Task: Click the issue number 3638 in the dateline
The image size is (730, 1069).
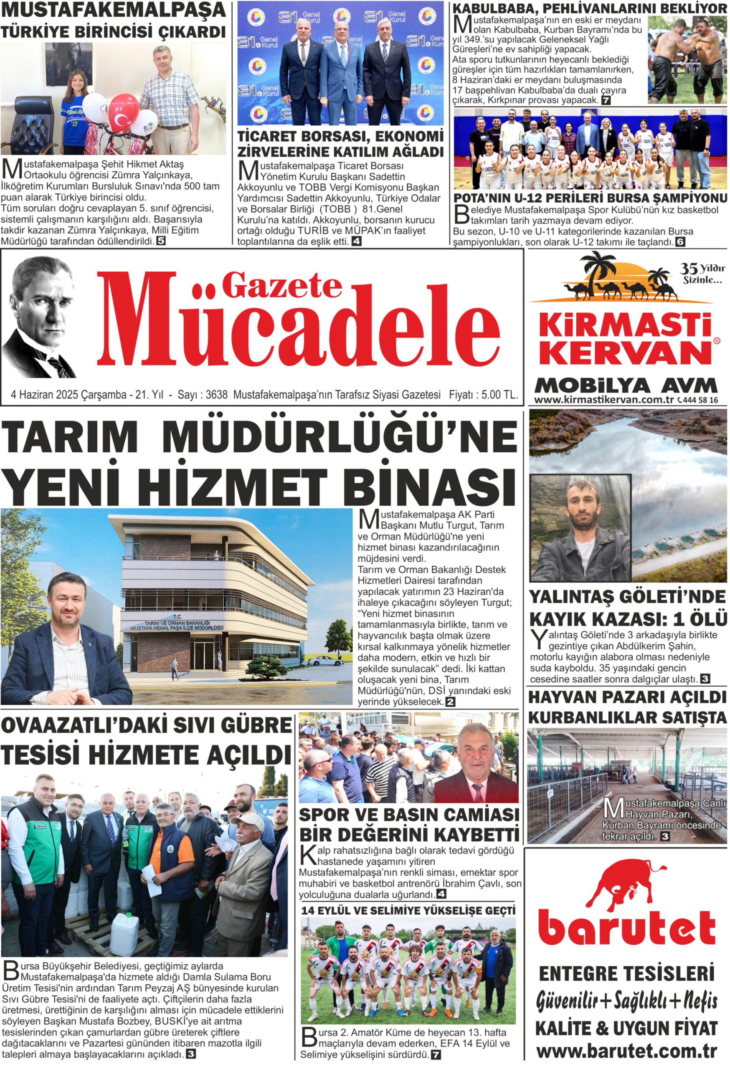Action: [x=216, y=395]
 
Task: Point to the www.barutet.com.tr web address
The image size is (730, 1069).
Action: [x=626, y=1051]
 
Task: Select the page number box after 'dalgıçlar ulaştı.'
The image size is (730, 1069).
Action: [x=705, y=679]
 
